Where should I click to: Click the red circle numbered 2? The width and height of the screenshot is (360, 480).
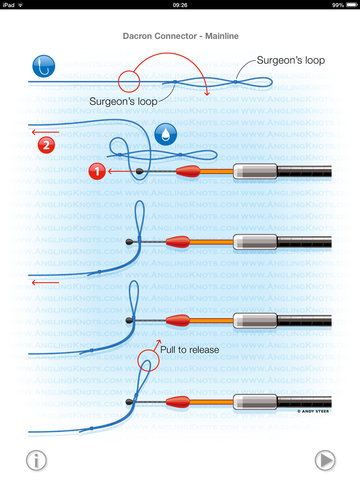pyautogui.click(x=46, y=146)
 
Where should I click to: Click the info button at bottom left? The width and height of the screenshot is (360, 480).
pyautogui.click(x=36, y=459)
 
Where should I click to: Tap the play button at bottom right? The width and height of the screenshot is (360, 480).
pyautogui.click(x=325, y=459)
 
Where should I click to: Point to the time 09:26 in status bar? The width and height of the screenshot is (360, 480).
pyautogui.click(x=180, y=5)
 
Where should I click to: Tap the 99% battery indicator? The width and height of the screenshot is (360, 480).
pyautogui.click(x=342, y=5)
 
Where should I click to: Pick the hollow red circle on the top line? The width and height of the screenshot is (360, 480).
pyautogui.click(x=129, y=80)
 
